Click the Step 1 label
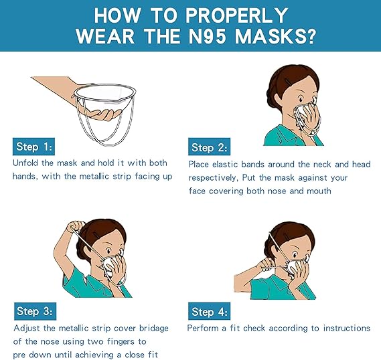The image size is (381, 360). [33, 147]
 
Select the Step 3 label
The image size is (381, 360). [33, 311]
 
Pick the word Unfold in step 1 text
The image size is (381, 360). [27, 163]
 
